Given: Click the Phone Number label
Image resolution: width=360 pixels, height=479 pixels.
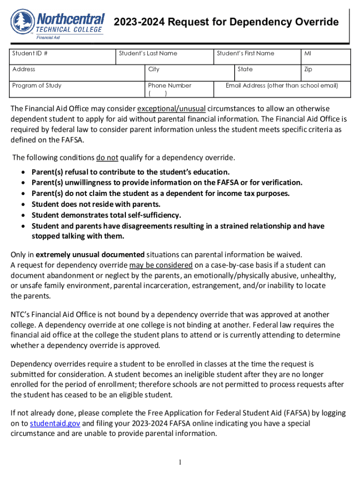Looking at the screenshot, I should click(170, 86).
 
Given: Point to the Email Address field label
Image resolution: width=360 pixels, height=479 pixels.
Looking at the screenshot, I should click(281, 86).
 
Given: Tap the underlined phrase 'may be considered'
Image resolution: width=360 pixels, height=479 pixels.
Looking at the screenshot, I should click(161, 265).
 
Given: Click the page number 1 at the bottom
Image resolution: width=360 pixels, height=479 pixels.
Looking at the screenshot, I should click(180, 463).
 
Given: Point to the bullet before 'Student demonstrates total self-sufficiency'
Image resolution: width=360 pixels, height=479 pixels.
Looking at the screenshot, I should click(23, 215).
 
